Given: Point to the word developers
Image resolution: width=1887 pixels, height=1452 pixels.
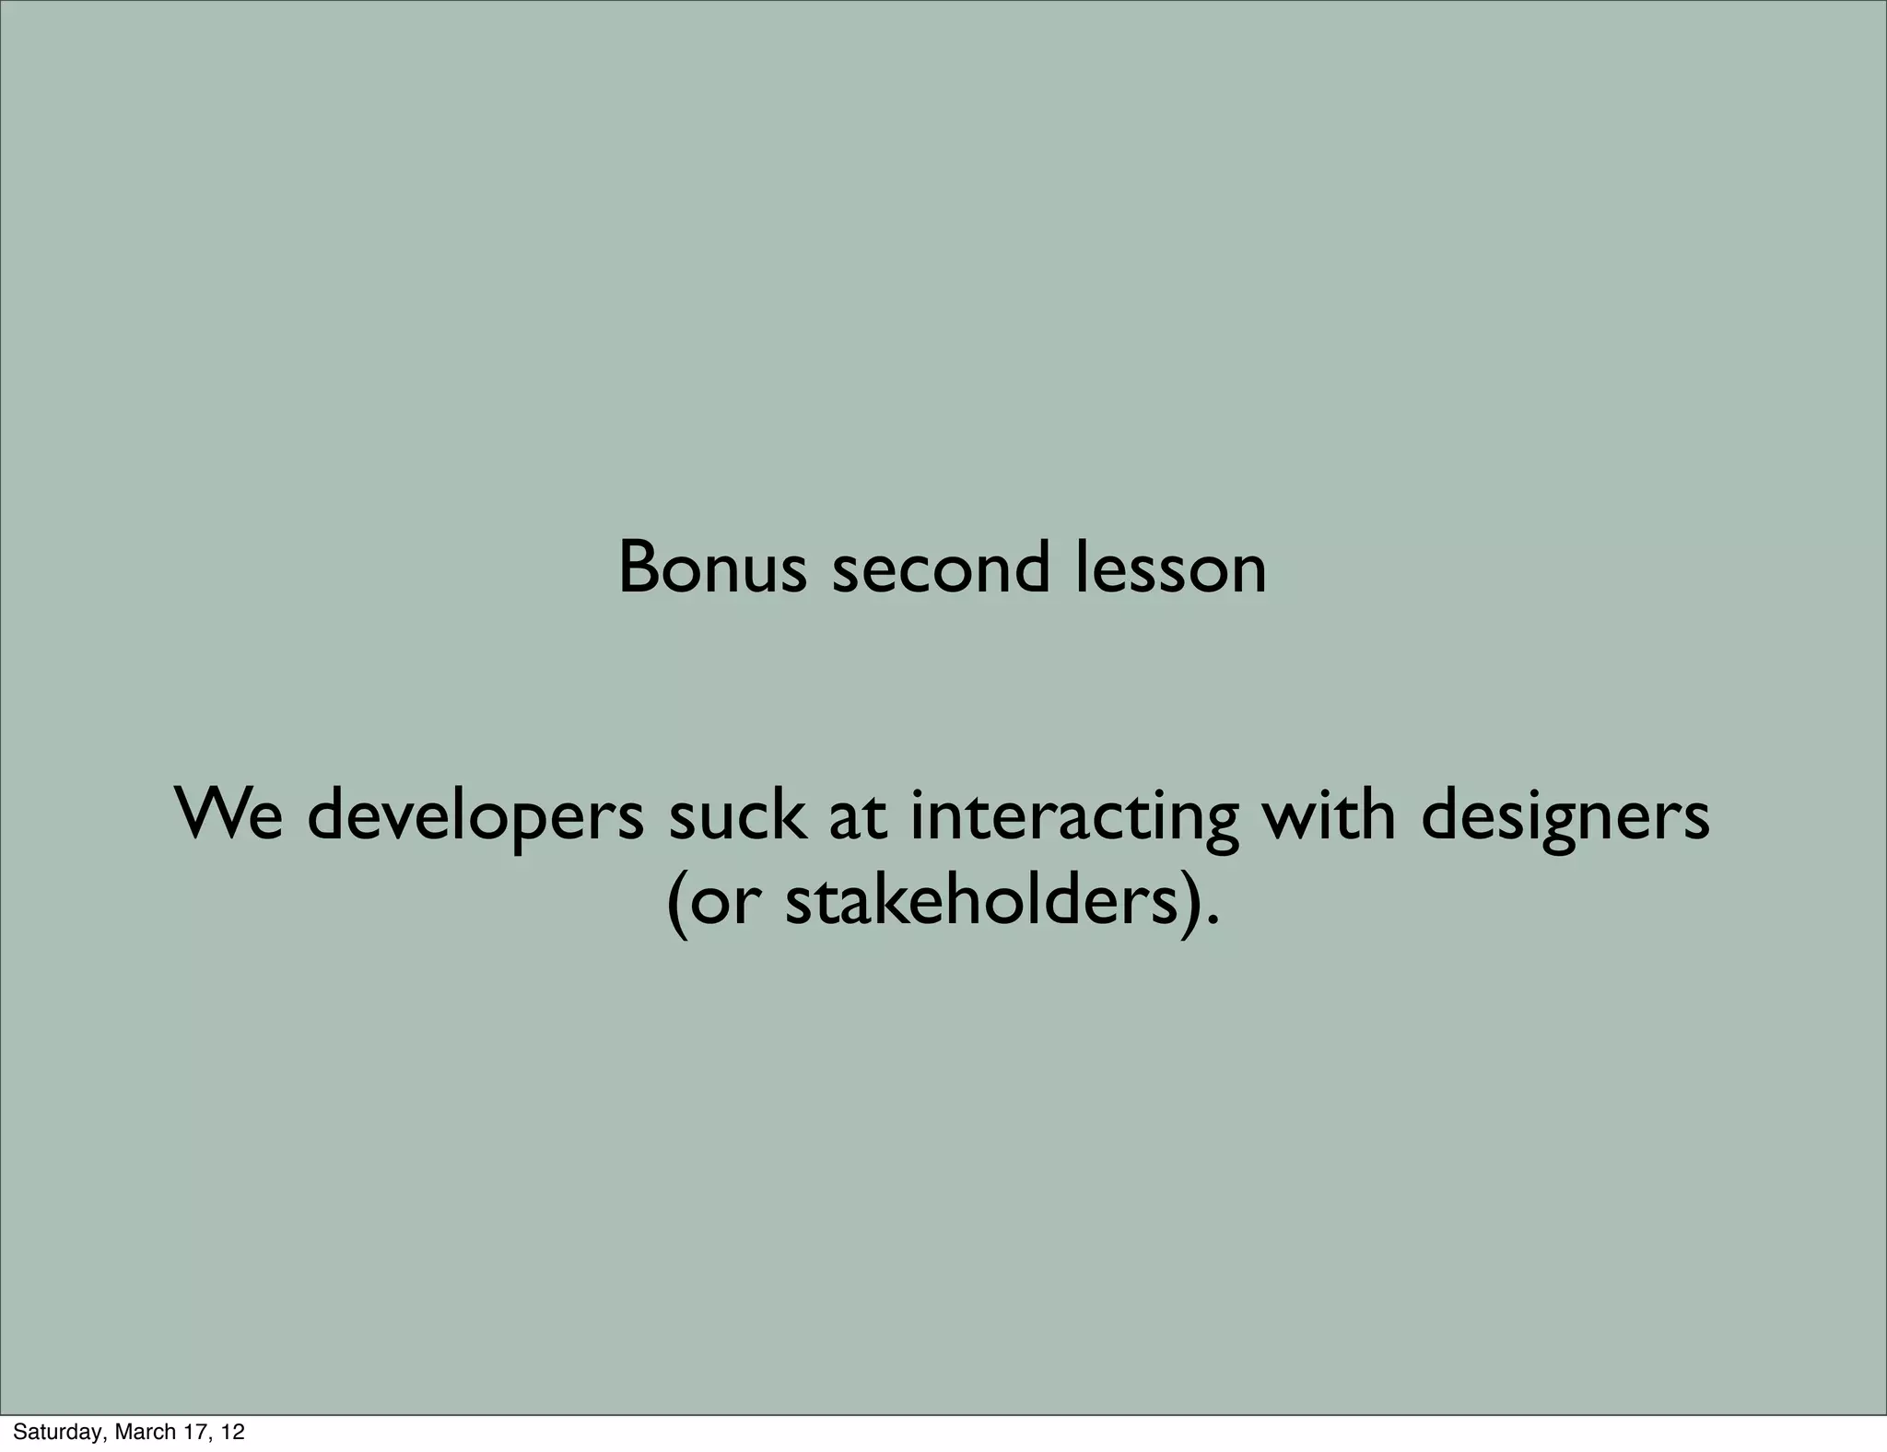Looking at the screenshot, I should (475, 816).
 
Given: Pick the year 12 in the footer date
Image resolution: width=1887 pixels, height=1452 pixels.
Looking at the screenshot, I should (233, 1432).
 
